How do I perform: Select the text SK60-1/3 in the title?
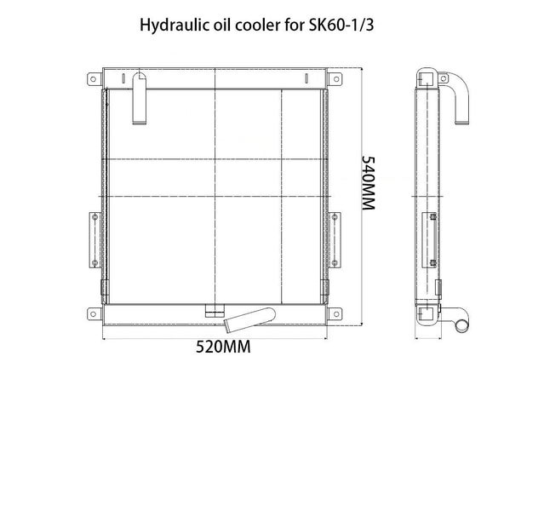(x=345, y=26)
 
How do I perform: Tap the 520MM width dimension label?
(x=223, y=347)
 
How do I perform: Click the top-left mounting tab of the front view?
(x=91, y=82)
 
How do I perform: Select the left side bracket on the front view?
(x=92, y=238)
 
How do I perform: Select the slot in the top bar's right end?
(x=304, y=78)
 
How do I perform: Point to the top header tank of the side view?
(x=425, y=79)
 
